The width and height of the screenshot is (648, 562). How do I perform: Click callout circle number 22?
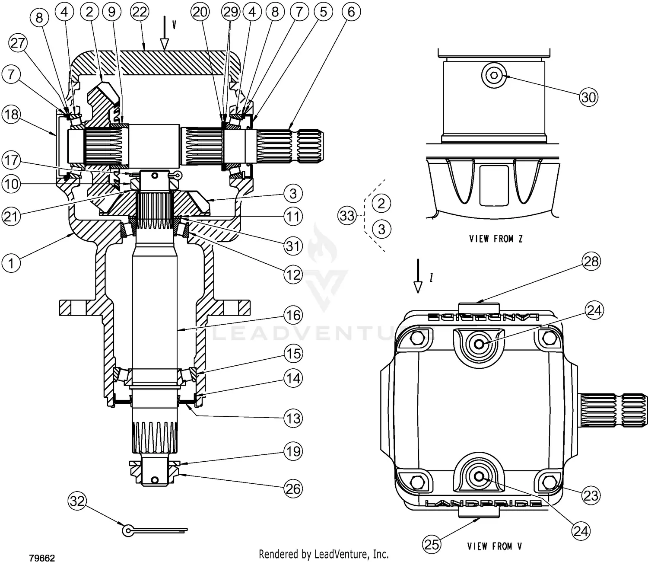pos(139,12)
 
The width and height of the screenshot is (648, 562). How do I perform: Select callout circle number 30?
pos(588,97)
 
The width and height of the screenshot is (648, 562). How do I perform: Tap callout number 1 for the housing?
pos(11,262)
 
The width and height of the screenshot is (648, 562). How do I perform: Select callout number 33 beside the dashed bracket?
pos(347,215)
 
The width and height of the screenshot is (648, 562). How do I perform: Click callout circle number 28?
pos(591,261)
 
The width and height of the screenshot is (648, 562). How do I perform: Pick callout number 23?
pos(591,495)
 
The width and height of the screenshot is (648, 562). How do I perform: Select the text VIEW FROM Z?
pos(496,239)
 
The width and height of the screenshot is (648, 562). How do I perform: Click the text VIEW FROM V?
pos(494,546)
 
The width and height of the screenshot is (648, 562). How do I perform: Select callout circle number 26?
pos(293,489)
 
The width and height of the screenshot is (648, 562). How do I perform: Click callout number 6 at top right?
pos(351,12)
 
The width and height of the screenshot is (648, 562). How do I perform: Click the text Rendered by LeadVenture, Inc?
pos(324,554)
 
